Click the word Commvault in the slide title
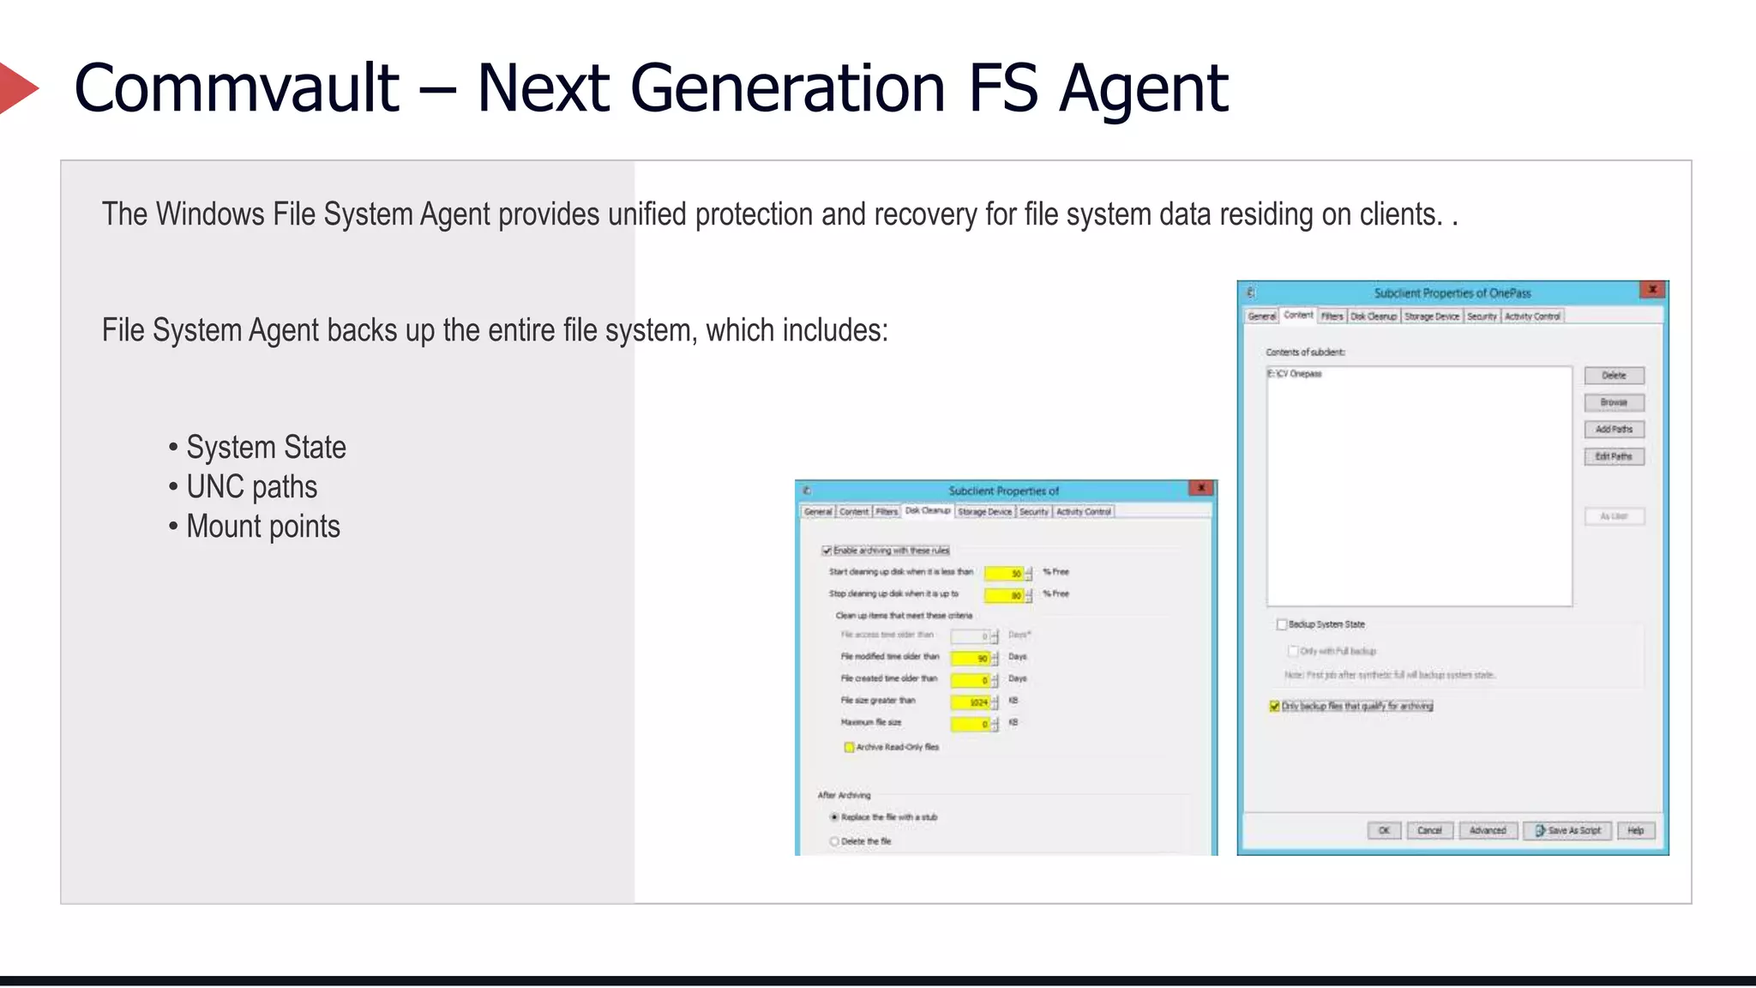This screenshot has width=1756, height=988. [237, 87]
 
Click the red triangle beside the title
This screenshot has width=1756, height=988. [17, 87]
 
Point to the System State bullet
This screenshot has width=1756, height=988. [266, 448]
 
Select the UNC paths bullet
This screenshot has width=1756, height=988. [251, 487]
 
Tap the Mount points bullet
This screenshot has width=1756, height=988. [262, 527]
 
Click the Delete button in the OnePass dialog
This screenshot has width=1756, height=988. [1614, 376]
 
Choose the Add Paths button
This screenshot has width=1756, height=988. [1614, 430]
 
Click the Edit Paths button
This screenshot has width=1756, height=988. [1614, 457]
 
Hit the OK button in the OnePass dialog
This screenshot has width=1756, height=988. [1384, 830]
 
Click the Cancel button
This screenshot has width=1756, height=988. [1429, 830]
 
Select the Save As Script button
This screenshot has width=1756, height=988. [1568, 830]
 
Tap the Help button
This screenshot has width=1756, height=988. [1636, 830]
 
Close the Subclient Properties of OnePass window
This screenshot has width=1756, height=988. [1652, 290]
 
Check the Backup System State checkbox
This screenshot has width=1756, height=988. [1282, 624]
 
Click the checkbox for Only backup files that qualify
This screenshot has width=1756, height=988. [1275, 707]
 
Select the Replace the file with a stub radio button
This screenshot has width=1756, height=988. [834, 817]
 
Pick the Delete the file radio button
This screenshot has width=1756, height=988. [834, 841]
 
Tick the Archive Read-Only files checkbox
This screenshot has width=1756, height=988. [849, 747]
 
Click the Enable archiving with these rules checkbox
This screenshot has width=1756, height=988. [827, 551]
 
